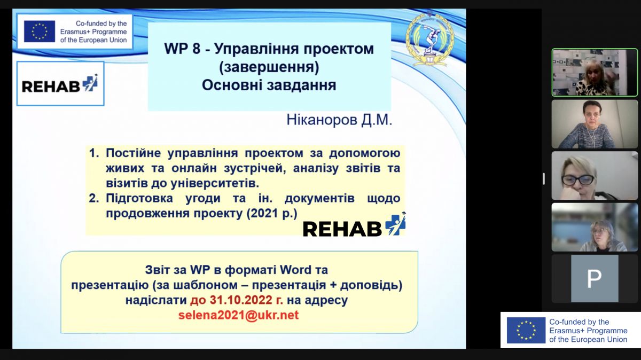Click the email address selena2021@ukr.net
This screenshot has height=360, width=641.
238,315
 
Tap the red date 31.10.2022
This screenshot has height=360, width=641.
241,300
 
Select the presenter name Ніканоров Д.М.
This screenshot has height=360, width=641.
339,120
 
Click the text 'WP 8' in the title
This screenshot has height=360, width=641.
182,49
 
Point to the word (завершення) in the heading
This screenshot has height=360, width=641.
269,67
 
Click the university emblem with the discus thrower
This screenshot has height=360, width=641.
430,39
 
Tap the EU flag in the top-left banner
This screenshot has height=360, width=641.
40,31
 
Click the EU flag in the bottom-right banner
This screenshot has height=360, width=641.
526,330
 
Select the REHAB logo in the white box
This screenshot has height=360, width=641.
60,83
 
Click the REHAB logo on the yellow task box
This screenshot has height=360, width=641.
354,226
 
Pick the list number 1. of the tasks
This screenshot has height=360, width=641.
94,153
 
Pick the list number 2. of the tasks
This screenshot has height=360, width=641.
94,198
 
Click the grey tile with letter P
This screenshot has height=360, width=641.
595,278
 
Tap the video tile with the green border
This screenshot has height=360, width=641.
595,73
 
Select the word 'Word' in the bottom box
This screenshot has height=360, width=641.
295,270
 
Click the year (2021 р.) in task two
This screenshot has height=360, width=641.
272,214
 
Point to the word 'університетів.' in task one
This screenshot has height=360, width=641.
215,183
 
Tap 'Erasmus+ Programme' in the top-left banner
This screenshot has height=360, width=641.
93,32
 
